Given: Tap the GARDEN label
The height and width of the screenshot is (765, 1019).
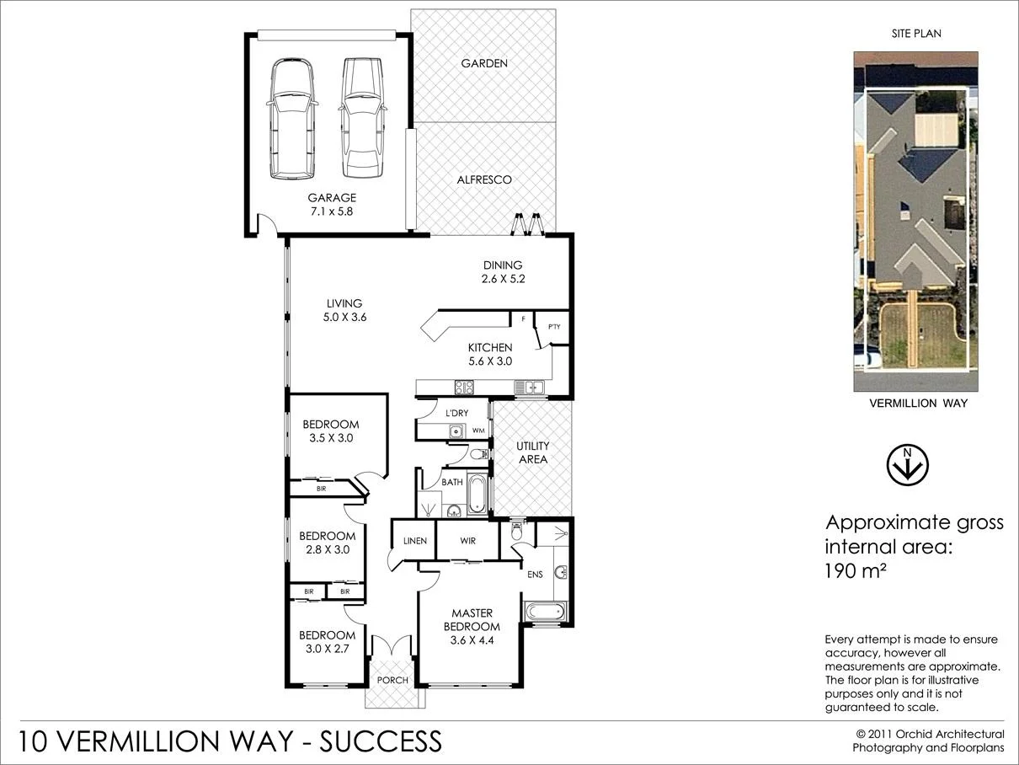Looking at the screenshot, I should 484,63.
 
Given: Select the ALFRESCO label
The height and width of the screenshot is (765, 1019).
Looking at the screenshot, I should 484,179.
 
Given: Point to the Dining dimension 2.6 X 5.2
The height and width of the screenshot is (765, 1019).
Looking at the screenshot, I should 503,279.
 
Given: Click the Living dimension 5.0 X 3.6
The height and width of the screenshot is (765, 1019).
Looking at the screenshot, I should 345,318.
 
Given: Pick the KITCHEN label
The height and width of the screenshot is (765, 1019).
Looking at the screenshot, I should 490,347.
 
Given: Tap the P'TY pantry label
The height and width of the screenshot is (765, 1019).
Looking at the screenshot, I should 554,327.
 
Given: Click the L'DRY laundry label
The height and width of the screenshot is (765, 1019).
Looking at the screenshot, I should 456,413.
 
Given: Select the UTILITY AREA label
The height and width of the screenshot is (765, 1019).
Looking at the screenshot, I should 533,452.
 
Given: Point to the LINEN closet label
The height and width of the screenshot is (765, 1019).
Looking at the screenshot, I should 414,541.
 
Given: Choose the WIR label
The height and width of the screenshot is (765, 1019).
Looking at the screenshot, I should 468,541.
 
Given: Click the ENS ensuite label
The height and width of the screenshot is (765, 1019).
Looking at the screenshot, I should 534,575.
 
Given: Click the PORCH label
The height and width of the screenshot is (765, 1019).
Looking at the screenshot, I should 392,680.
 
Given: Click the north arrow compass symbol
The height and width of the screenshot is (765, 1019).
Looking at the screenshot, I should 907,465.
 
